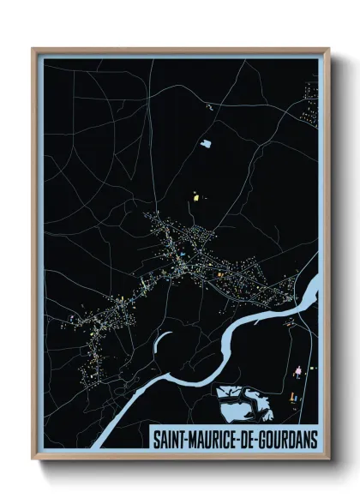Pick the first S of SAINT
tap(156, 438)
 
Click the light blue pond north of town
tap(206, 143)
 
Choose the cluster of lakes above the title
tap(243, 403)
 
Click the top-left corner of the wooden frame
tap(33, 49)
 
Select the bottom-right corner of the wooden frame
tap(328, 459)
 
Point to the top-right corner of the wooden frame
tap(328, 49)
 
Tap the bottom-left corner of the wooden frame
tap(33, 459)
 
